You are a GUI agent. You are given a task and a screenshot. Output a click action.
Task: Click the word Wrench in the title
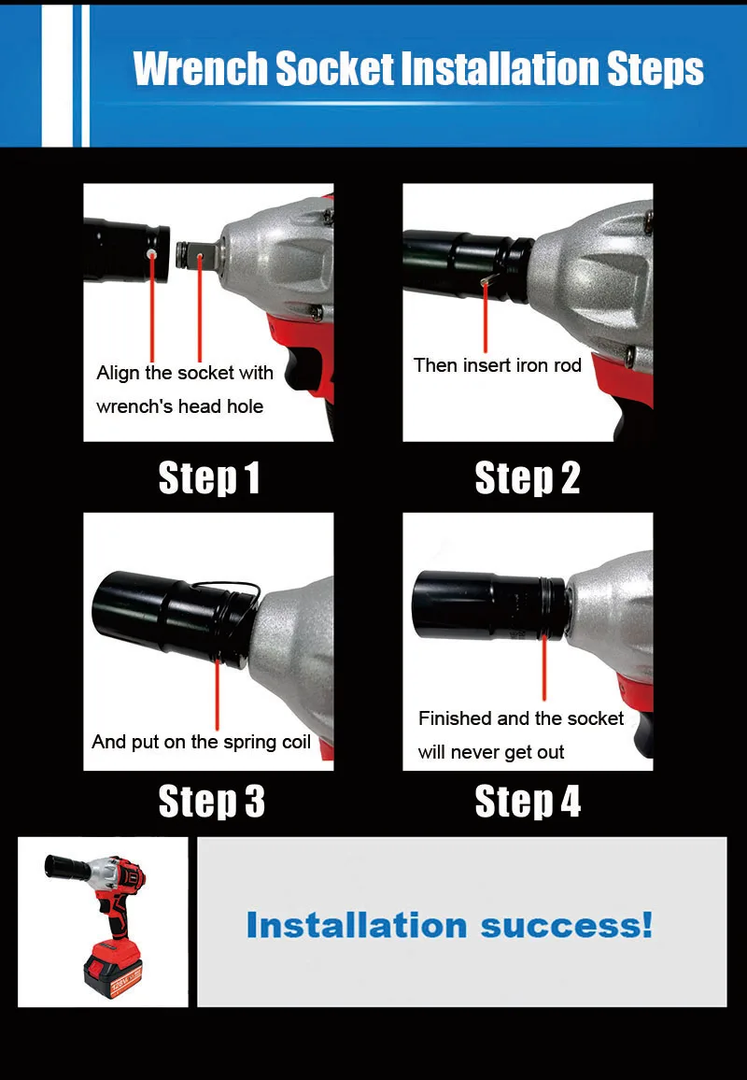pos(201,69)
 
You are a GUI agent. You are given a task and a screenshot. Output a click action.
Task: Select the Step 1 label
pos(208,478)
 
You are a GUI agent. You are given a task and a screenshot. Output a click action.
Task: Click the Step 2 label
pos(528,478)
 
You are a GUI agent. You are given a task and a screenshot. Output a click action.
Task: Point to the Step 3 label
pos(211,802)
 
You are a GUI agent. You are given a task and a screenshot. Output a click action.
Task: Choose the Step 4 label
pos(528,802)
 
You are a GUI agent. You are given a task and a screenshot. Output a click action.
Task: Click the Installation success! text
pos(449,925)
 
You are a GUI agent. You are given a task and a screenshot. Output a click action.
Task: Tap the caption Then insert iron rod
pos(497,365)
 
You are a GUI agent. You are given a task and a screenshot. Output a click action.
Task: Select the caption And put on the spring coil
pos(201,742)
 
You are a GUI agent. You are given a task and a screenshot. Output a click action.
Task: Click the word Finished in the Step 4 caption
pos(455,718)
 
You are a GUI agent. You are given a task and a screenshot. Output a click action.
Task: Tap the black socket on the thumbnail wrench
pos(67,866)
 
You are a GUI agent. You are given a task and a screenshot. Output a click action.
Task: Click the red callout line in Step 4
pos(543,667)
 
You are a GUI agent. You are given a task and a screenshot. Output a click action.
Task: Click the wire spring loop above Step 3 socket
pos(227,589)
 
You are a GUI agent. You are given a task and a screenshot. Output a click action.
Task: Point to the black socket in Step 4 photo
pos(489,604)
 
